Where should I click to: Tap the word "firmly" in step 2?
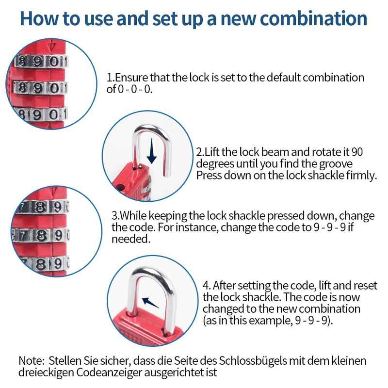pyautogui.click(x=359, y=175)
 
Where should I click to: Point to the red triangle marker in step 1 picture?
pyautogui.click(x=52, y=48)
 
